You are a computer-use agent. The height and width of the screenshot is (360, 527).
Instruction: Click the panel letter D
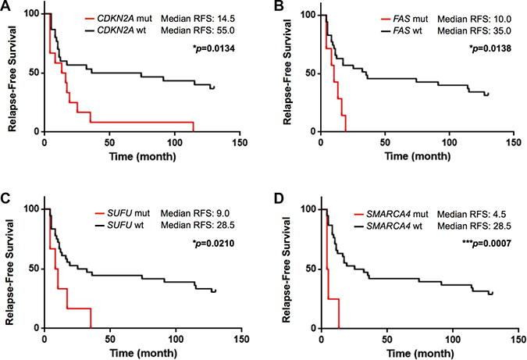(x=278, y=206)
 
